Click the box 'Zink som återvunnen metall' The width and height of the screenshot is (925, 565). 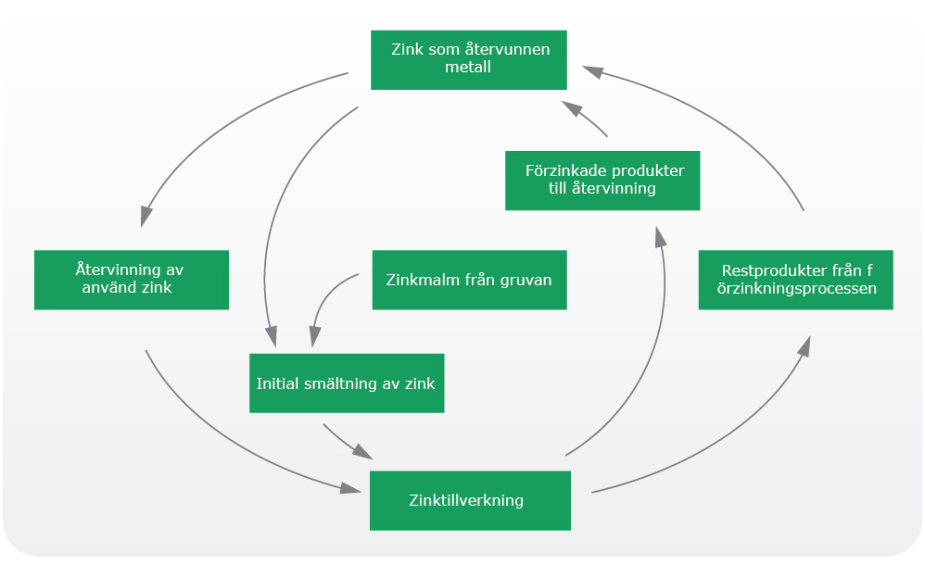[469, 60]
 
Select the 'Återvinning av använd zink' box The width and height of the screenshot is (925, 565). [132, 280]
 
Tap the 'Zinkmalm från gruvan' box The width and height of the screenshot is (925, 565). [470, 280]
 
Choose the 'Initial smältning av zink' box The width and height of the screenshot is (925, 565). [347, 383]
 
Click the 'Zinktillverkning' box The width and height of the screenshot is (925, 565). [470, 501]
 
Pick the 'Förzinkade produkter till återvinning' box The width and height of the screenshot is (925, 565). [602, 181]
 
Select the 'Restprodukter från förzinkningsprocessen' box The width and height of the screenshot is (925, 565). [796, 280]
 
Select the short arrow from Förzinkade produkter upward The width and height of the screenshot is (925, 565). [584, 118]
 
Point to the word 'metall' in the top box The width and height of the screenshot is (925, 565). [468, 67]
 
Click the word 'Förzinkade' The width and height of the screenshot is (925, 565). [563, 170]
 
